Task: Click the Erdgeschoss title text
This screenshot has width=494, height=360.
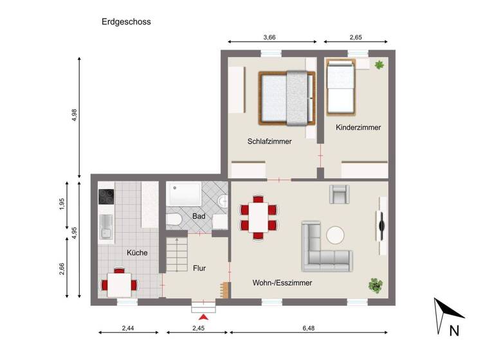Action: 126,21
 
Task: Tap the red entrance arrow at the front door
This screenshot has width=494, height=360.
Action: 205,316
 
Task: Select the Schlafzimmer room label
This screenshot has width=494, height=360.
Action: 270,141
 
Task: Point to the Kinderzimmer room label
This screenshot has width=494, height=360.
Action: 358,127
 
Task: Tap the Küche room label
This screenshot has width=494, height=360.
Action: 137,253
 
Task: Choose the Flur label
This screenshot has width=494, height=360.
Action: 199,268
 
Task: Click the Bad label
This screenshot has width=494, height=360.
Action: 199,216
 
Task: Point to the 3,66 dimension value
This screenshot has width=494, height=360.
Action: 270,38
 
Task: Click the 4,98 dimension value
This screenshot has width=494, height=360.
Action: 75,115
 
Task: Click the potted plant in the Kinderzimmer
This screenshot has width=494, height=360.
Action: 380,64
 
